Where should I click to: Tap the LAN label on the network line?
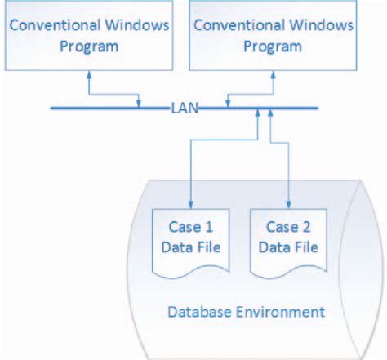(x=183, y=106)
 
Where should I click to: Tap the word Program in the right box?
(x=273, y=46)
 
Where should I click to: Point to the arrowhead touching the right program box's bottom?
(x=273, y=74)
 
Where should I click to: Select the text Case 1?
(x=190, y=226)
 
